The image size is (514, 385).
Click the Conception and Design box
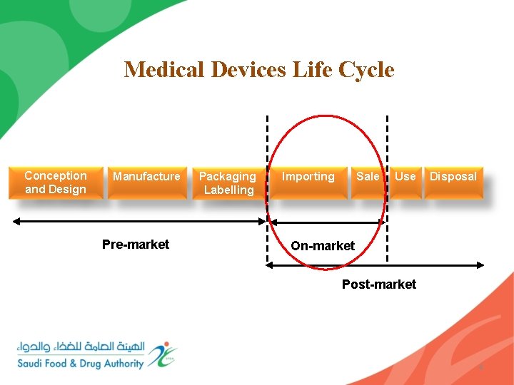(55, 183)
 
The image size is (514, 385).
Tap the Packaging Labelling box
(227, 183)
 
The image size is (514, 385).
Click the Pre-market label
(136, 245)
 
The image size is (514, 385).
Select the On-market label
(322, 246)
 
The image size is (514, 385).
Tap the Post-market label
(378, 284)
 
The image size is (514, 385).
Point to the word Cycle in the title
(368, 70)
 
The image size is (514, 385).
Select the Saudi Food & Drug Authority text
(81, 364)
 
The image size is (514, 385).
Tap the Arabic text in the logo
(81, 347)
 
